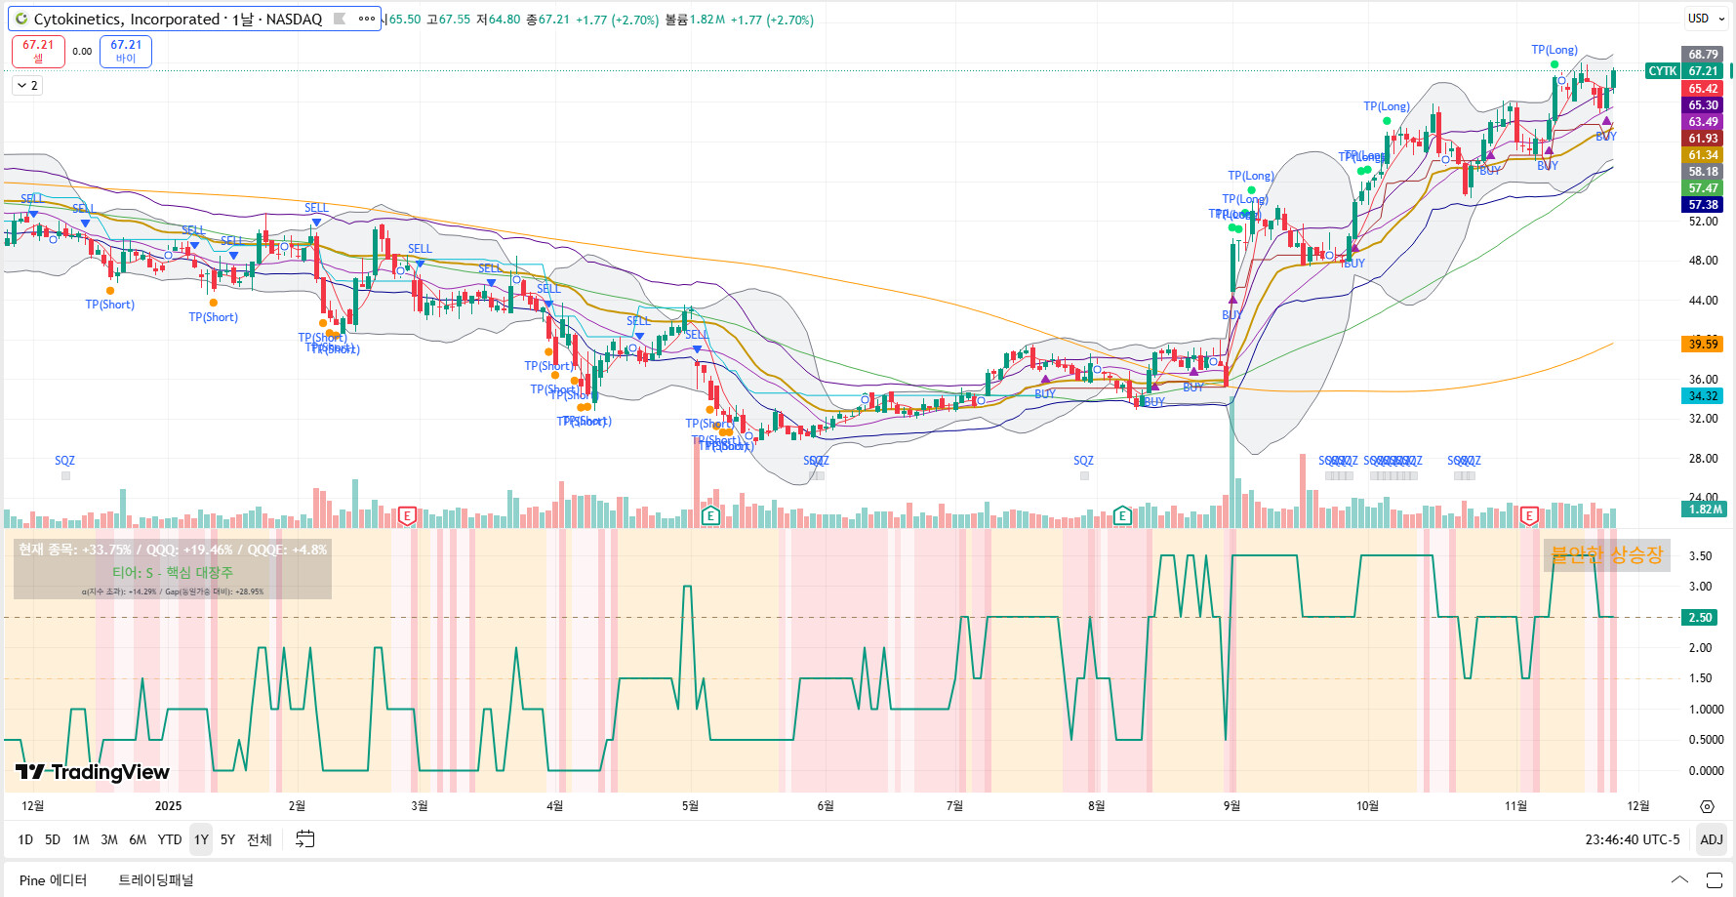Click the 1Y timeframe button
pos(201,839)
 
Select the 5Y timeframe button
pos(227,839)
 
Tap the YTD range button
pos(170,839)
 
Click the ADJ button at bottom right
pos(1711,839)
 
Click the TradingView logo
pos(93,772)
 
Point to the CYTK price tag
pos(1662,71)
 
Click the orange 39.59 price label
pos(1703,344)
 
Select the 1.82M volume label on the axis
pos(1705,510)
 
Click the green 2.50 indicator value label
pos(1701,617)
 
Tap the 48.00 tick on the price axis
pos(1703,261)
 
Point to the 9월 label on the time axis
pos(1231,805)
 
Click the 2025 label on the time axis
pos(168,805)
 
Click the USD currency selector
pos(1699,19)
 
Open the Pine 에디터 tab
pos(53,880)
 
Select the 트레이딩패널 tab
pos(156,880)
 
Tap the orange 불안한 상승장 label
pos(1606,555)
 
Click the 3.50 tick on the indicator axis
pos(1700,556)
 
